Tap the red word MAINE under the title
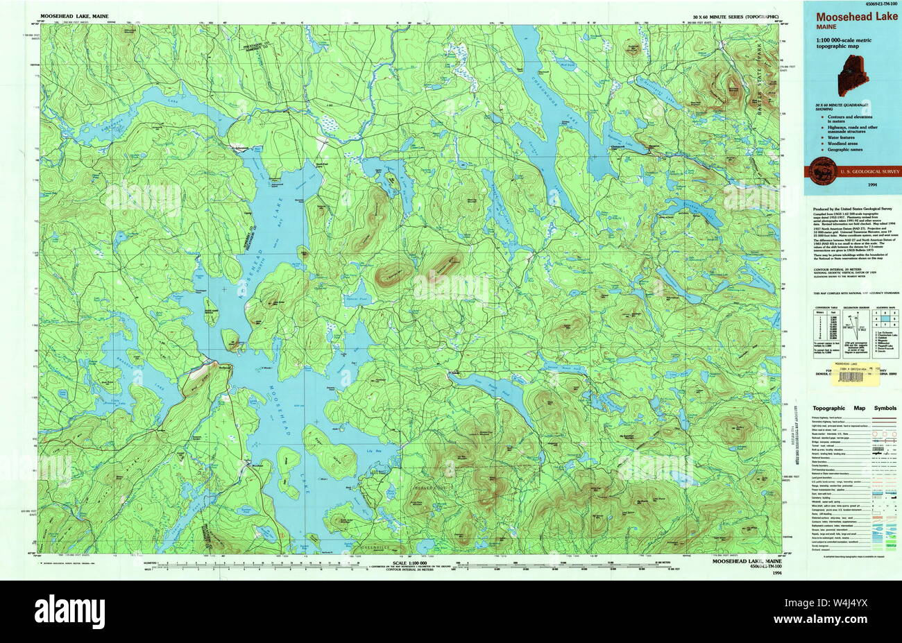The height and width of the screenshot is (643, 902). (x=826, y=27)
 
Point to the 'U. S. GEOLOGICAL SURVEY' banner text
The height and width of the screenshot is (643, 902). (x=860, y=171)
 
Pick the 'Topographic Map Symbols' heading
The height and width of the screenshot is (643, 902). (x=854, y=409)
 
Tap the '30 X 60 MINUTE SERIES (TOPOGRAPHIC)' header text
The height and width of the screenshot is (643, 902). (x=735, y=15)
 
